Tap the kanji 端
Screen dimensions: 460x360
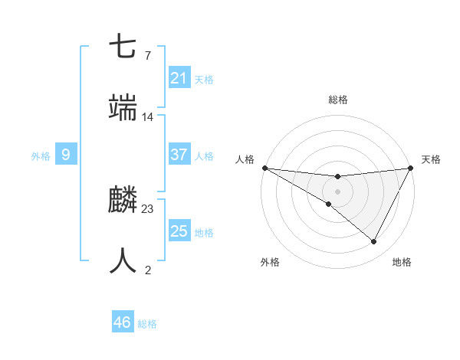click(x=123, y=108)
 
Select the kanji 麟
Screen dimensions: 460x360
click(x=123, y=201)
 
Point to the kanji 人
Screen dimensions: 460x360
click(x=123, y=261)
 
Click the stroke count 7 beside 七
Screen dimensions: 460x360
click(x=148, y=56)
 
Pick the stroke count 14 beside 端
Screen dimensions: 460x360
click(x=148, y=117)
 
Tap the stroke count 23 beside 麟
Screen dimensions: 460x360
click(x=148, y=208)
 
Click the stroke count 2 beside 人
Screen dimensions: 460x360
click(x=148, y=270)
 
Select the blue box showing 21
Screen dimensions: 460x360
click(x=179, y=78)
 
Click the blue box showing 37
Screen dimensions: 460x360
click(x=179, y=155)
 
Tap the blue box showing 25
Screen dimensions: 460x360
click(x=179, y=231)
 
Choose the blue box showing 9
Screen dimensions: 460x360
click(x=66, y=155)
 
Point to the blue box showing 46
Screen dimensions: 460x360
click(x=123, y=322)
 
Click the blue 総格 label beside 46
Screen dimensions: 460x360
click(x=147, y=324)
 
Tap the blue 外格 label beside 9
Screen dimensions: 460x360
click(x=41, y=156)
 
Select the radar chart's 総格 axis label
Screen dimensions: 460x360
click(x=337, y=100)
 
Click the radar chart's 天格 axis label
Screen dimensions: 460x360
click(x=432, y=159)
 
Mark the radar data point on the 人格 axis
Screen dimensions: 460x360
click(x=264, y=167)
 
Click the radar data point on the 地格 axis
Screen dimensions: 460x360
click(x=374, y=242)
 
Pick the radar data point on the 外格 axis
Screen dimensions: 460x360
click(x=329, y=204)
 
